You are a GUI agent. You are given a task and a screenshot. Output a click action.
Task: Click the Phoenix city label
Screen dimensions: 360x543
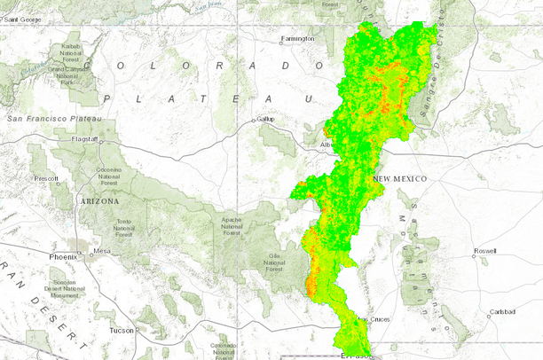coord(64,257)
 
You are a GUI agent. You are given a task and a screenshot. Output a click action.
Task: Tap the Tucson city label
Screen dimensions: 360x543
coord(122,330)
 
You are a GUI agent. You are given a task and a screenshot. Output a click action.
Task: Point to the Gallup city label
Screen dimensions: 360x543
coord(266,119)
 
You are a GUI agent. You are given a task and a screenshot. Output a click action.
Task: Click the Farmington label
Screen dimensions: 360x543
coord(297,39)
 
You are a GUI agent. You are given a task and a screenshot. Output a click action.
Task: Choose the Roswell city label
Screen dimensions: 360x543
coord(486,251)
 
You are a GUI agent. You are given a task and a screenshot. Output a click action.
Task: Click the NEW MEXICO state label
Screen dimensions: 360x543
coord(399,179)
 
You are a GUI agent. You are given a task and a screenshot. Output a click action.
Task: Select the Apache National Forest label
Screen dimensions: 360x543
coord(232,229)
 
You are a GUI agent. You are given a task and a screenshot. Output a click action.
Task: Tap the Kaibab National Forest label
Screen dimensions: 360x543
coord(69,53)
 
